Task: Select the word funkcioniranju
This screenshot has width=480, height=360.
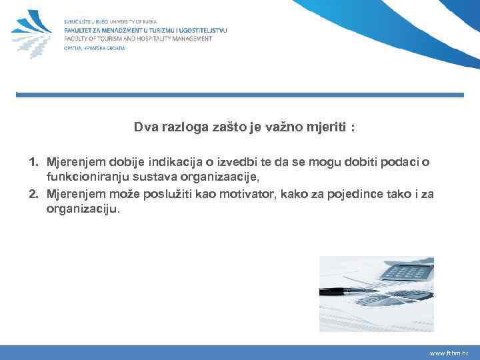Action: point(81,178)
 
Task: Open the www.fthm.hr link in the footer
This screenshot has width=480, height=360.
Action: point(449,353)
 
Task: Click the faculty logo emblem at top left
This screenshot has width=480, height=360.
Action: point(32,33)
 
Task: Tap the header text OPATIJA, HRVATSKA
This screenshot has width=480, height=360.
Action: point(94,47)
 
